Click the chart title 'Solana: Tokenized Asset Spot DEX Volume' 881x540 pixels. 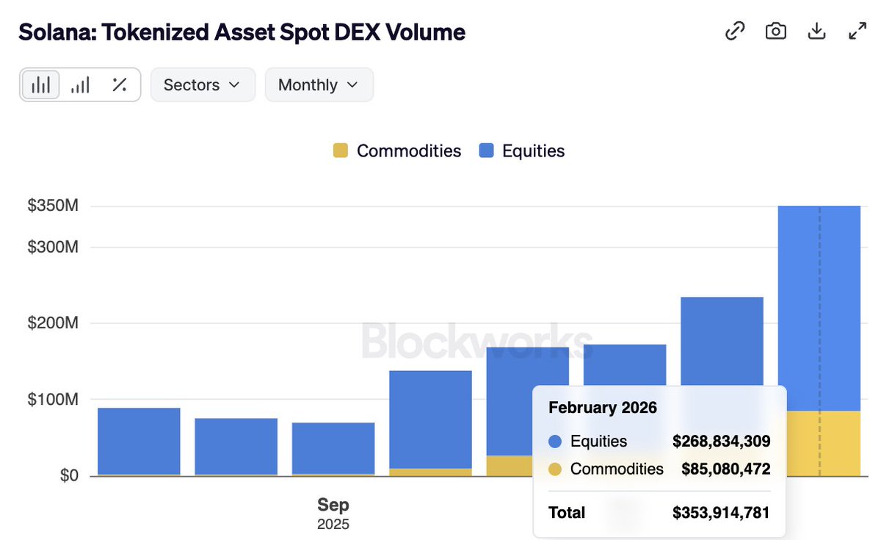click(242, 32)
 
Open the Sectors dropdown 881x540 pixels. click(203, 84)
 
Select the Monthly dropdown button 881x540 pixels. click(319, 84)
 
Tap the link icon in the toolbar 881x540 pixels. click(735, 32)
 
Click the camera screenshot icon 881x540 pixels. click(775, 32)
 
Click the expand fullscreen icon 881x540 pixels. click(857, 32)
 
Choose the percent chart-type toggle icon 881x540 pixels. click(120, 84)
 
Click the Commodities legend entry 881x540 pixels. click(397, 151)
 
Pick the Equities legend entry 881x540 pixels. click(522, 151)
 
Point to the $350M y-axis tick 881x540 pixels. click(53, 206)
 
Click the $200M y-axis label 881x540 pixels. click(53, 323)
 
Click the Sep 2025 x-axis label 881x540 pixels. click(333, 513)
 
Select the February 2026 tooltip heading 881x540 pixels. click(603, 407)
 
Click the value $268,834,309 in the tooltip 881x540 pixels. click(721, 442)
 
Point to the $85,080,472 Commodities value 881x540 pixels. click(725, 469)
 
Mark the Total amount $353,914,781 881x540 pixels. click(721, 513)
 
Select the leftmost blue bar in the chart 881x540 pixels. click(139, 441)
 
